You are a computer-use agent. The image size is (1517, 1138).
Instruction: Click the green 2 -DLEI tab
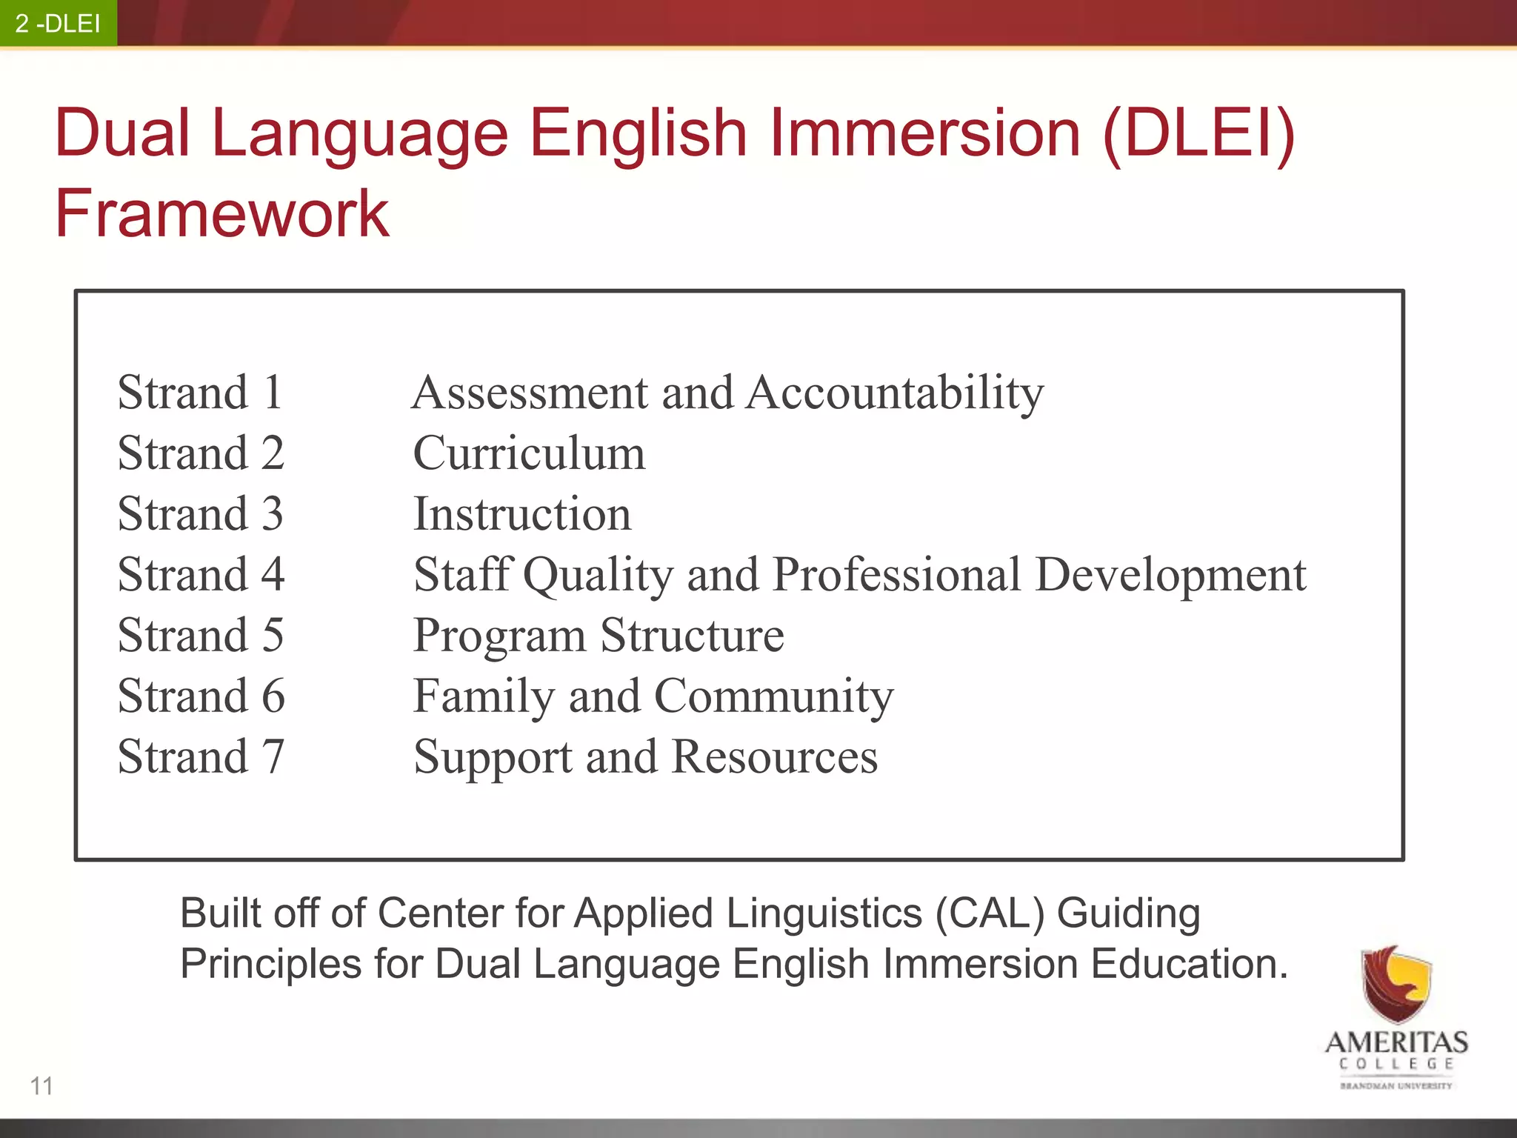[58, 23]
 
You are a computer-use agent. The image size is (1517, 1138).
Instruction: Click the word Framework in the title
[221, 213]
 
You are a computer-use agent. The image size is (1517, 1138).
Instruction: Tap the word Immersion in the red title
[926, 133]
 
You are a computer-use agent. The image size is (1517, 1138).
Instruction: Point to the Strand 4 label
[201, 574]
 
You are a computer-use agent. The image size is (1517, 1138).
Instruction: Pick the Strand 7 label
[201, 756]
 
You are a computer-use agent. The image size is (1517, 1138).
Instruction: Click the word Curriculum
[529, 453]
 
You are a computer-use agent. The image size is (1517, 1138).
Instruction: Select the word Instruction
[522, 513]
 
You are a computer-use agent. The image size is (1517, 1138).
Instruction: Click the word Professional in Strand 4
[897, 574]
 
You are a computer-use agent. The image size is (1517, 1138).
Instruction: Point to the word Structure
[692, 635]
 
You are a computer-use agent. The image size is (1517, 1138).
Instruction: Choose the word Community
[774, 696]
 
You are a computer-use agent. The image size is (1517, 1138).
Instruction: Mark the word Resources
[775, 756]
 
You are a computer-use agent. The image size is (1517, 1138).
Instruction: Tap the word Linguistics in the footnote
[824, 913]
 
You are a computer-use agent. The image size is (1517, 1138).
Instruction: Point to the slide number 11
[41, 1086]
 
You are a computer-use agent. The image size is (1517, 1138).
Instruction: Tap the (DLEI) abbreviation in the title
[1198, 133]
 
